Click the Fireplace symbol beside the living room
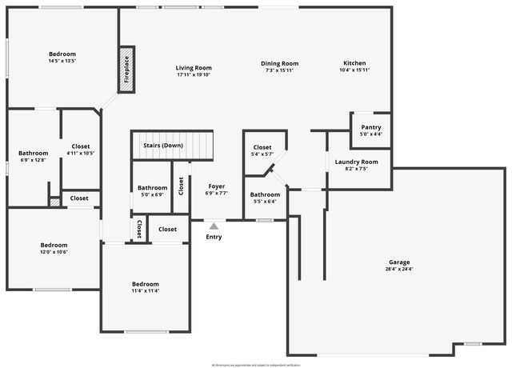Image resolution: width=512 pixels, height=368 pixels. coord(126,70)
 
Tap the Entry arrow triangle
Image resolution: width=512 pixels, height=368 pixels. coord(214,227)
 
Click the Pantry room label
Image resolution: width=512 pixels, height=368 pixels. coord(371,127)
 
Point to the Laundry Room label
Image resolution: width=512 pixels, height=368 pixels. coord(356,162)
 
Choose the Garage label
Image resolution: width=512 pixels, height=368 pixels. coord(399,262)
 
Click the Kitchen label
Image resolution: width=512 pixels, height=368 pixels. coord(355,63)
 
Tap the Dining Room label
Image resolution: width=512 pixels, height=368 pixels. coord(280,63)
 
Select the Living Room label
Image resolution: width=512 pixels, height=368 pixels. coord(194,67)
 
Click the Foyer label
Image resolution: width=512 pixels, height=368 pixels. coord(217,186)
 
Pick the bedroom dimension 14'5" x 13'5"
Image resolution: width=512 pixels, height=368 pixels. coord(62,61)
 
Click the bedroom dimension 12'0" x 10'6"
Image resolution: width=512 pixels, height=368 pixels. coord(54,252)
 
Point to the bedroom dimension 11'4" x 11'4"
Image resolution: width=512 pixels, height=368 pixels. coord(146,291)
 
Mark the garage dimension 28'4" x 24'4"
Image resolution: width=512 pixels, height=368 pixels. coord(399,270)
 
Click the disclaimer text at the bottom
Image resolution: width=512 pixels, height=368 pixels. coord(256,365)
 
